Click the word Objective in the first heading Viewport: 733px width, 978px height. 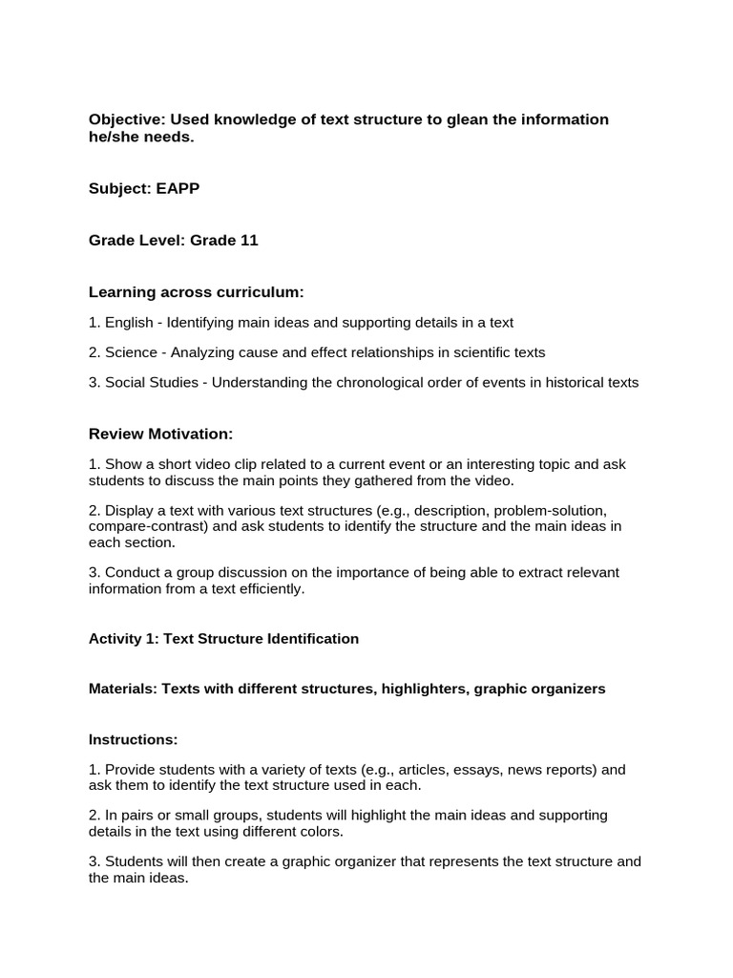122,119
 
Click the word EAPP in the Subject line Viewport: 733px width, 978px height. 177,189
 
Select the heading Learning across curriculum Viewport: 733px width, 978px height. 196,291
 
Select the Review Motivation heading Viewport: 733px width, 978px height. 160,434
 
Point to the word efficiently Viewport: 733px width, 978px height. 270,588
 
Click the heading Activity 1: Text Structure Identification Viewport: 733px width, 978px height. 223,639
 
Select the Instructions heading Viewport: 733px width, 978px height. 133,739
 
